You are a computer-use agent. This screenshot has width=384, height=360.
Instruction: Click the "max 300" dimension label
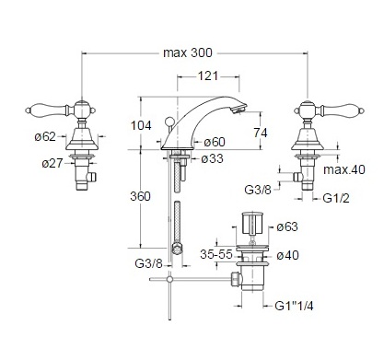pyautogui.click(x=188, y=52)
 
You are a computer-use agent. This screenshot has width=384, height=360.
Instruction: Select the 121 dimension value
pyautogui.click(x=207, y=75)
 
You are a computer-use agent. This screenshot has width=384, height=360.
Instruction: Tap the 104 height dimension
pyautogui.click(x=141, y=125)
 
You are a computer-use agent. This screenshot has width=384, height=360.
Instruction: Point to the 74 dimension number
pyautogui.click(x=261, y=133)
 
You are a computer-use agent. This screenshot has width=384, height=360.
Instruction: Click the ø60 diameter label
pyautogui.click(x=215, y=142)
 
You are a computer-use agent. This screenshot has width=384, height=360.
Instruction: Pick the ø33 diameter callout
pyautogui.click(x=213, y=158)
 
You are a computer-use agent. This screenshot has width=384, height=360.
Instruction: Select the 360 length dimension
pyautogui.click(x=140, y=196)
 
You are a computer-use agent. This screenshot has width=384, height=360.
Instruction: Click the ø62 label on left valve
pyautogui.click(x=45, y=136)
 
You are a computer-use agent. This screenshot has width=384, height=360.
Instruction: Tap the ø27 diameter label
pyautogui.click(x=52, y=163)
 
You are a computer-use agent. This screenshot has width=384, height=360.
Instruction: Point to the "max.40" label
pyautogui.click(x=344, y=169)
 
